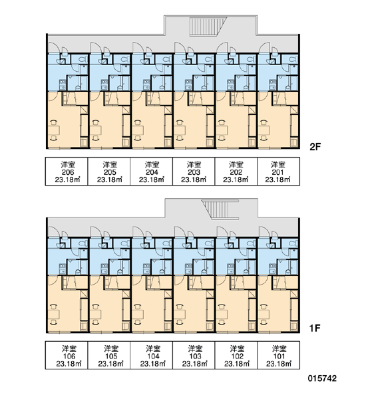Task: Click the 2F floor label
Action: click(315, 147)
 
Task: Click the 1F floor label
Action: click(315, 329)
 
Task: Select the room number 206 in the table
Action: click(68, 172)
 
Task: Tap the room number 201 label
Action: click(277, 172)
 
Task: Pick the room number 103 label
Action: click(195, 356)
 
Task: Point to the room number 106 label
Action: click(69, 356)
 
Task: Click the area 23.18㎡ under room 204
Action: click(152, 180)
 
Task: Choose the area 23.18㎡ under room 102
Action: click(237, 364)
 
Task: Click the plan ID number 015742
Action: click(322, 378)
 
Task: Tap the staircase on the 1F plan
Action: click(220, 209)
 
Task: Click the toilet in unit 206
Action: click(82, 60)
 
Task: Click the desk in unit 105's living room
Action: click(96, 315)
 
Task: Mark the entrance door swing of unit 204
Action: click(138, 48)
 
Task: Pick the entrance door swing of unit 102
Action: click(222, 231)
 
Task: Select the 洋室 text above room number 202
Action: click(236, 165)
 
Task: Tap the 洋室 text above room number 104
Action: click(153, 348)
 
